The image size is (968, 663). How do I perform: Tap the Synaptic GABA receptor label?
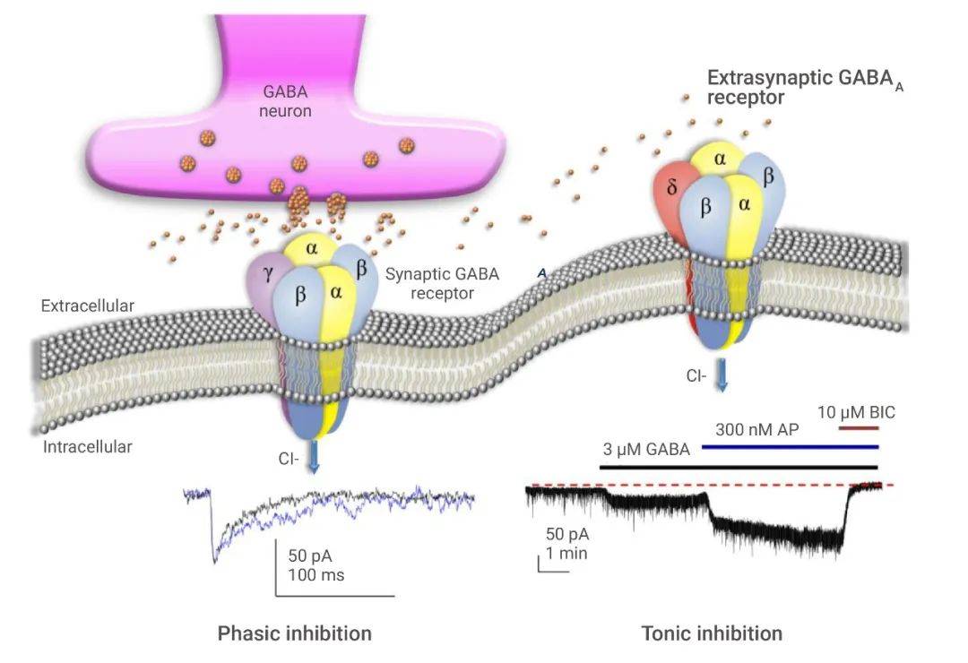tap(442, 283)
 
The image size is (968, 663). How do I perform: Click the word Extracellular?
tap(88, 306)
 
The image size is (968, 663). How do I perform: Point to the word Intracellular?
tap(88, 445)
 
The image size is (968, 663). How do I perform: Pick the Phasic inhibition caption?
tap(294, 633)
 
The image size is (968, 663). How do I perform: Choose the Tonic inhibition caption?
tap(712, 633)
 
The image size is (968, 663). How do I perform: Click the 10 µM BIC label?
tap(856, 413)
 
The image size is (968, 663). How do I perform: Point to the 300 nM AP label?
tap(756, 429)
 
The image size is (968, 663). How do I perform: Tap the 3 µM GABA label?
tap(645, 450)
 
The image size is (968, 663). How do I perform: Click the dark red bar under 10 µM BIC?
tap(859, 427)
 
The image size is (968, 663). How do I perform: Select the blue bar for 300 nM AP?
tap(789, 445)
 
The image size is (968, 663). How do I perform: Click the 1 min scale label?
tap(566, 553)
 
